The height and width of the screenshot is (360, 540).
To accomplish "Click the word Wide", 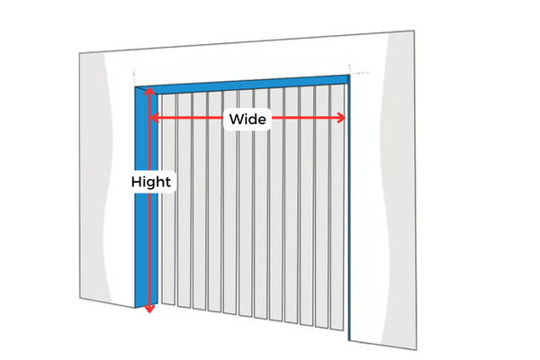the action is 247,119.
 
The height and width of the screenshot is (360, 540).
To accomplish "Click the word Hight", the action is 151,182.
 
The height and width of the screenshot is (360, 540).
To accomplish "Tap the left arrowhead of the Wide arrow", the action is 154,118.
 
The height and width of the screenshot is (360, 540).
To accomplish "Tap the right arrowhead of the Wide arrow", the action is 341,118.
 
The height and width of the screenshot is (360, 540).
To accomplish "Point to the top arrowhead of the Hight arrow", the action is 149,91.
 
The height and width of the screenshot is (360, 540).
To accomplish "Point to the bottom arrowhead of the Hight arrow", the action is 149,309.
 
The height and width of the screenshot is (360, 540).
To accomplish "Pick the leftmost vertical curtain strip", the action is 168,199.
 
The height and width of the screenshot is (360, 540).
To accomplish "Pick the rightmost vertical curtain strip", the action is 337,208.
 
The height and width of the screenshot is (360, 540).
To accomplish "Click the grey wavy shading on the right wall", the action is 398,190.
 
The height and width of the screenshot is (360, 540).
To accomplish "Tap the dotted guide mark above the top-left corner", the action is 134,76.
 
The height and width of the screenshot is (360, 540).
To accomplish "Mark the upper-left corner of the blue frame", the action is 135,86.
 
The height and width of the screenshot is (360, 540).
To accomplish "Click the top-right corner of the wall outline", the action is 414,31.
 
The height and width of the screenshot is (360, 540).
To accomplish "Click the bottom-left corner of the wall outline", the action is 80,298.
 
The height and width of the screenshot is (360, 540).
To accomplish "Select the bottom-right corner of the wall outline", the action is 416,349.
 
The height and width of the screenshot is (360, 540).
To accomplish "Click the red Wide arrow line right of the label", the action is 308,118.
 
